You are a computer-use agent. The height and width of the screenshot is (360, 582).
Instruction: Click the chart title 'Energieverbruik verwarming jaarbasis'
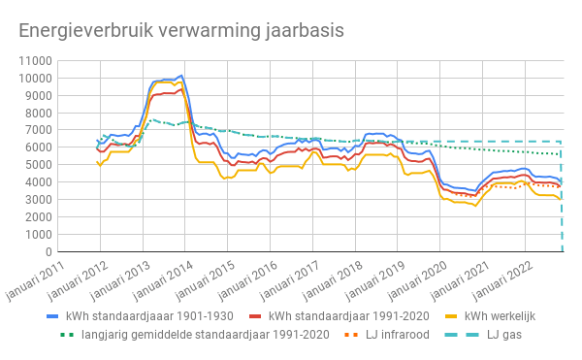point(181,30)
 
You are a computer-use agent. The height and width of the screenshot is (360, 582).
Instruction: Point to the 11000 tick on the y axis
point(32,60)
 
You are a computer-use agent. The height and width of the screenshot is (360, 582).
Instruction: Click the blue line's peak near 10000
point(181,76)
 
